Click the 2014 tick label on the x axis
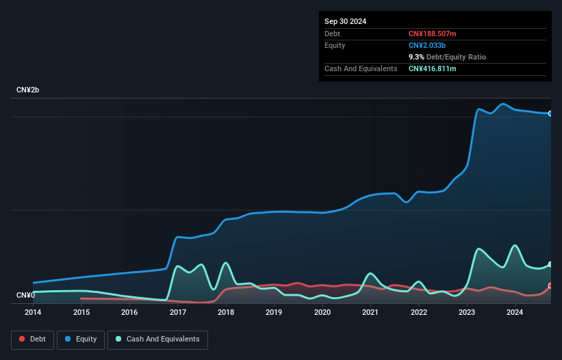coord(33,313)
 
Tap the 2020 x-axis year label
coord(322,313)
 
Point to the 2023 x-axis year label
coord(467,313)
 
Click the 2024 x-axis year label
coord(515,313)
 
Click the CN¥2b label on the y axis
coord(28,90)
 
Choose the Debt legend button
coord(31,339)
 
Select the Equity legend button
coord(80,339)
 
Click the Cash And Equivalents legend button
coord(157,339)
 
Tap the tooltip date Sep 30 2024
coord(345,21)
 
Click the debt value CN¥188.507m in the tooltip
coord(432,34)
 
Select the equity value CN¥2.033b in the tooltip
coord(428,45)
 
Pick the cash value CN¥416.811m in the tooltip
coord(432,68)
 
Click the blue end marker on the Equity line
coord(550,114)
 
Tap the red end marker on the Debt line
coord(550,286)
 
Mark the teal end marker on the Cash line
coord(550,265)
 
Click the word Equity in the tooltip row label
coord(335,45)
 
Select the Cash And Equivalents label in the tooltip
coord(361,68)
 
